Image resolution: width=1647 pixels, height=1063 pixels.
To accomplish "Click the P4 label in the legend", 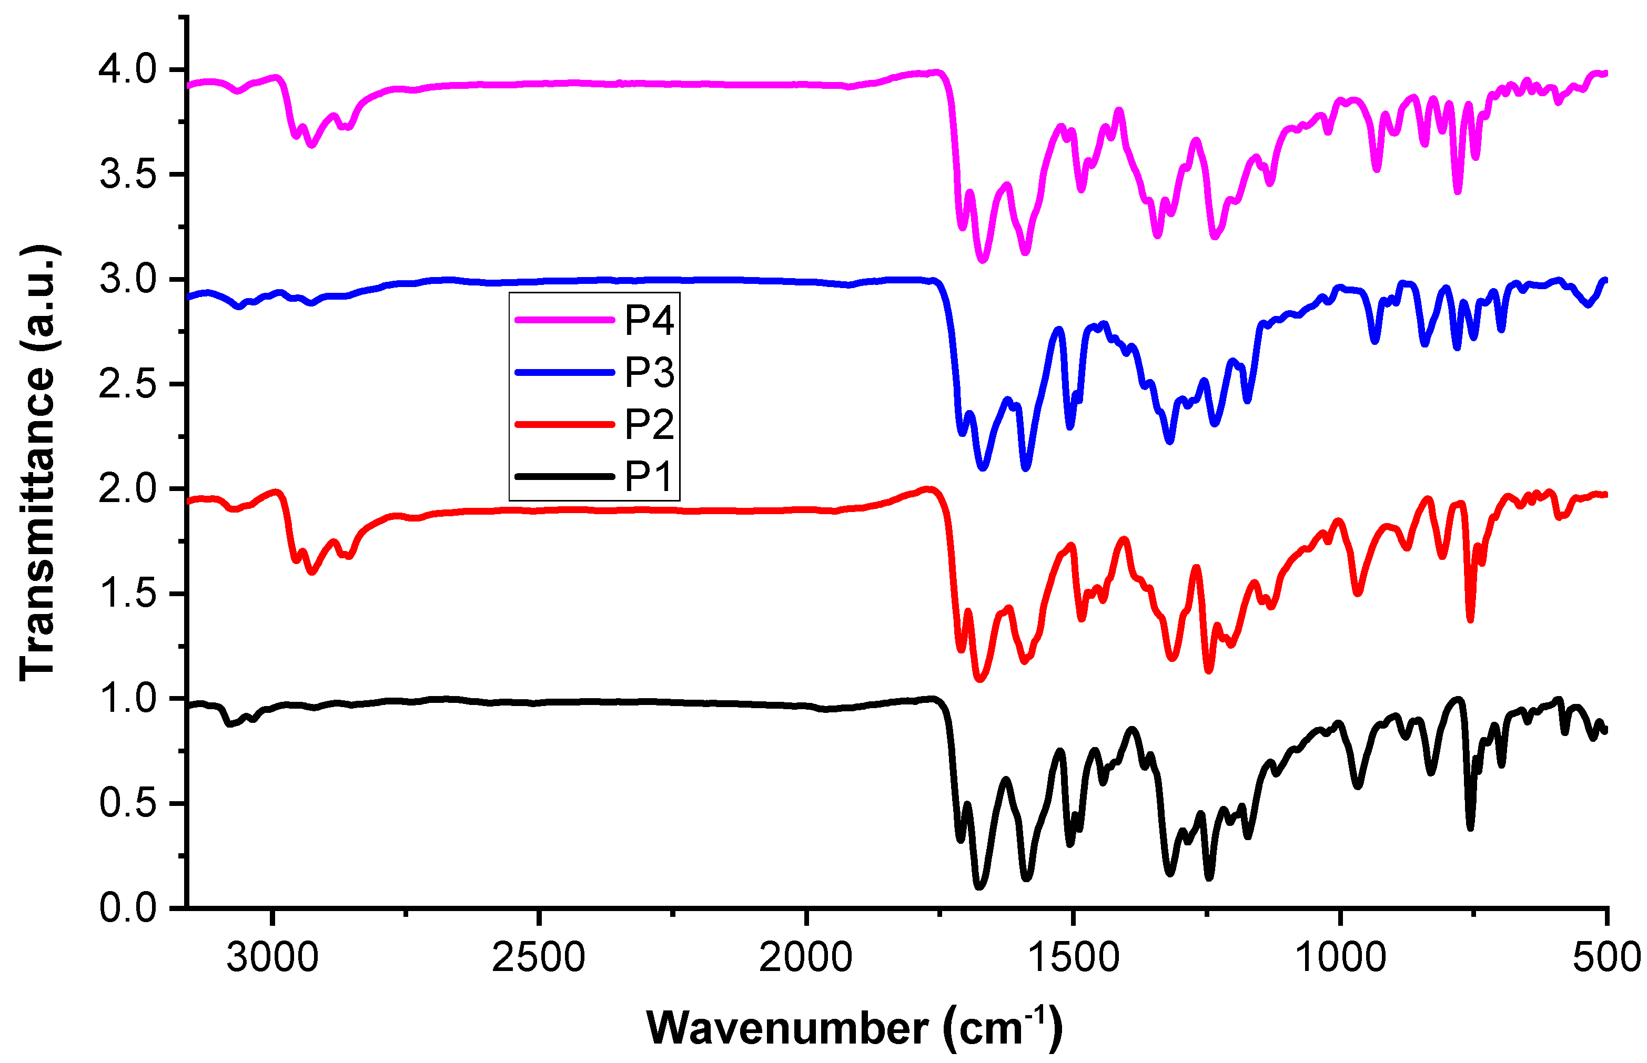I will (x=649, y=320).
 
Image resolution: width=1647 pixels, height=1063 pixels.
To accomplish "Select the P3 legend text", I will (x=649, y=373).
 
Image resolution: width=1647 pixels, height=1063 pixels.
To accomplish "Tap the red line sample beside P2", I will (x=564, y=424).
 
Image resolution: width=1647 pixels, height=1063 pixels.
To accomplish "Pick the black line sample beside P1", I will (x=564, y=476).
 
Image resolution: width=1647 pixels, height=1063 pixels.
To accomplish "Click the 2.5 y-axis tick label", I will (x=128, y=384).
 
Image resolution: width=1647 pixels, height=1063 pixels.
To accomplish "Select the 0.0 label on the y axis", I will (x=128, y=908).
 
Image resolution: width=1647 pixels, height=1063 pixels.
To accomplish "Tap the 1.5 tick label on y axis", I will (x=128, y=594).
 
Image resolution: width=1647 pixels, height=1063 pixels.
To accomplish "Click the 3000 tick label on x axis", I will (x=273, y=958).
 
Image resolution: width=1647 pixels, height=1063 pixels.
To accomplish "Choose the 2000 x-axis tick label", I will (x=805, y=958).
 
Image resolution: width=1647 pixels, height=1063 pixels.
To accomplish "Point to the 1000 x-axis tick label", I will (x=1340, y=958).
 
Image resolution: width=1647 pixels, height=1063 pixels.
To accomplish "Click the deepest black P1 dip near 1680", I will (x=979, y=886).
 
